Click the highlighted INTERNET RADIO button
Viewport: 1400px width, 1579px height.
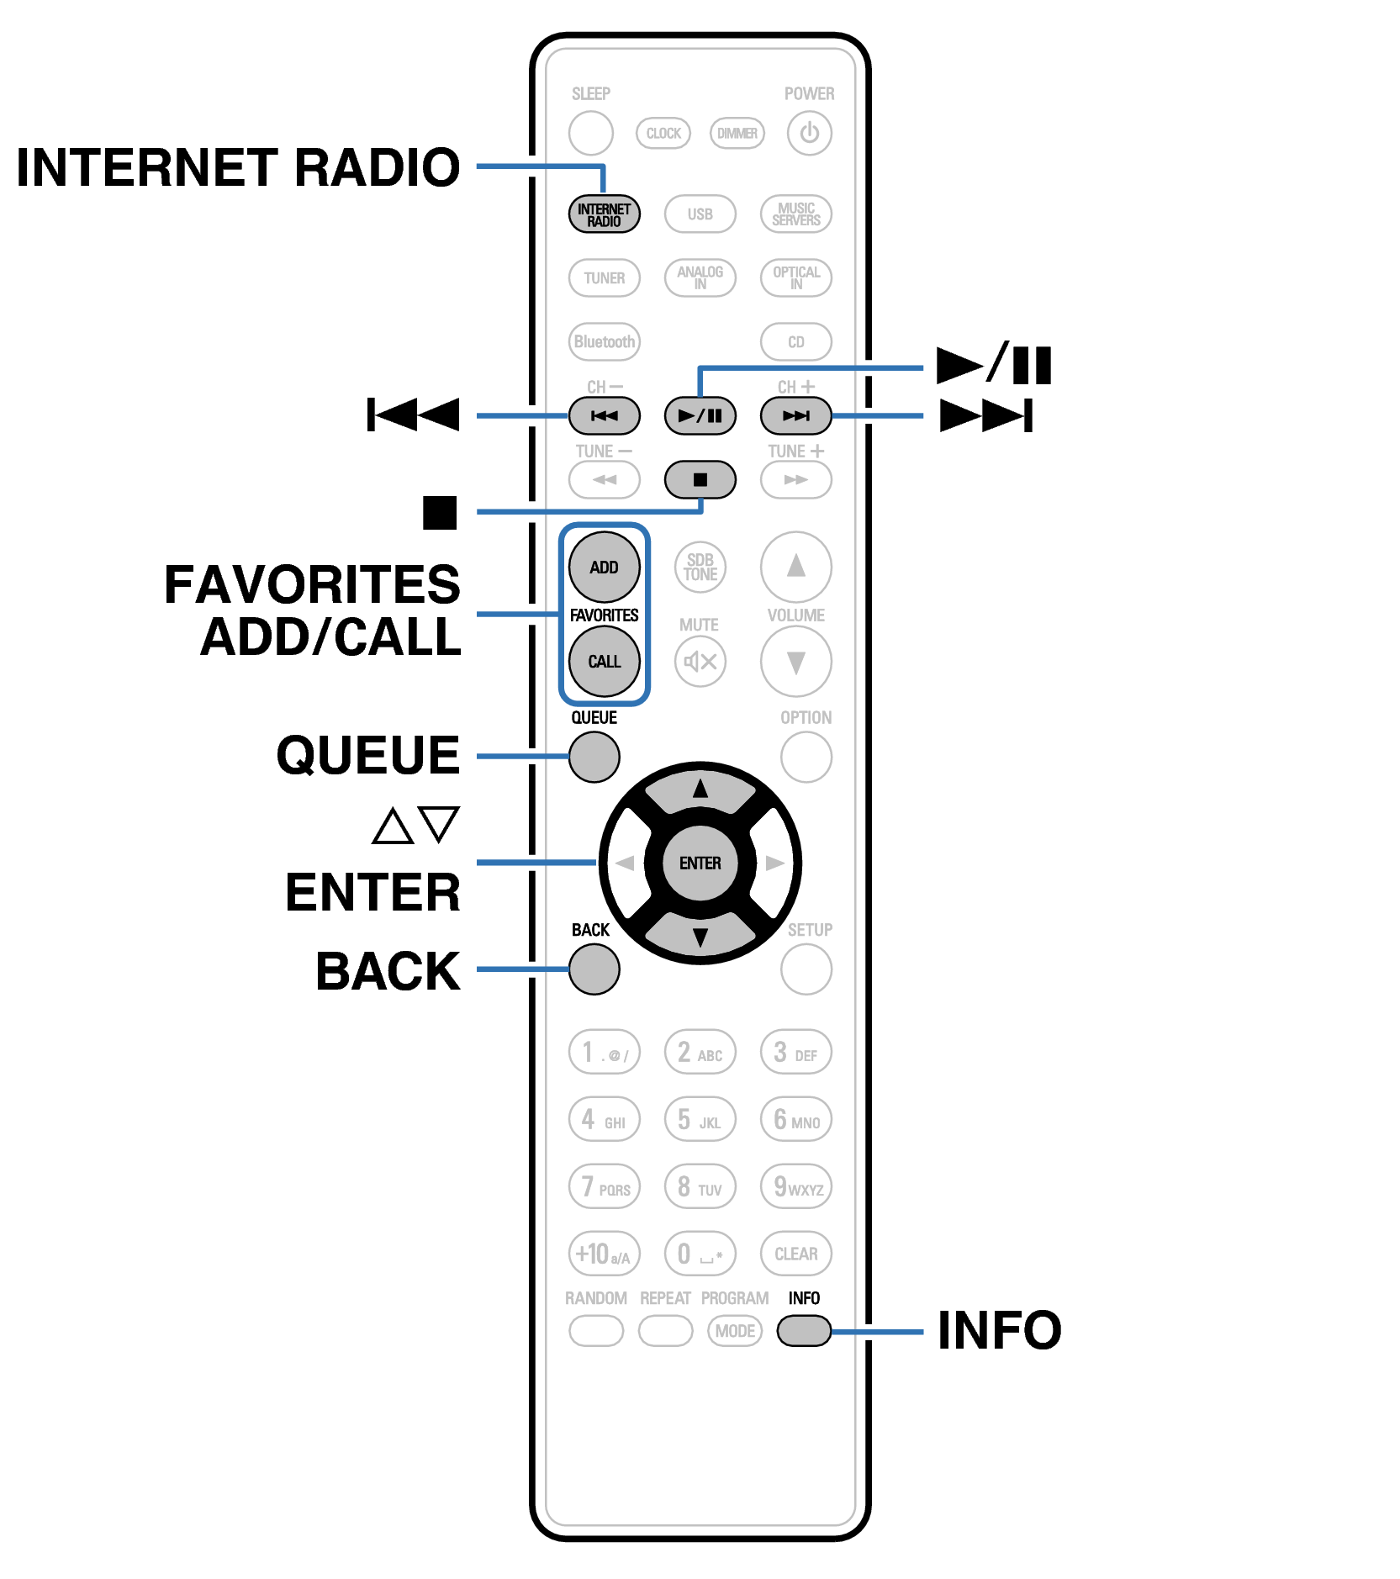click(x=604, y=214)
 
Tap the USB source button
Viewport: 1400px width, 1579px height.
click(x=700, y=214)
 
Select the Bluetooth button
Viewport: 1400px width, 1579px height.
click(x=604, y=342)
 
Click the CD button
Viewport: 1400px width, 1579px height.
click(x=795, y=342)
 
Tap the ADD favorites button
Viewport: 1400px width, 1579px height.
click(x=604, y=568)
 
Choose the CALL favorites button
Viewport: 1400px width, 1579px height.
click(x=604, y=662)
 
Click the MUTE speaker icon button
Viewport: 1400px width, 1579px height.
click(x=700, y=662)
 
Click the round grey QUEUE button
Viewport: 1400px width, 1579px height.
click(x=594, y=757)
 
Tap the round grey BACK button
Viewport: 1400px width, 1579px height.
click(x=594, y=969)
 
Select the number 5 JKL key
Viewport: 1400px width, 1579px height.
click(x=700, y=1120)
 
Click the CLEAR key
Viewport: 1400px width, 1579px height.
click(x=795, y=1254)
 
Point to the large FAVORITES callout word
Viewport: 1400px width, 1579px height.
click(x=312, y=584)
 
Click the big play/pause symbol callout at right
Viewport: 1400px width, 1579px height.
click(x=994, y=366)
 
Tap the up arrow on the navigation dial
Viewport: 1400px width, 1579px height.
click(x=700, y=790)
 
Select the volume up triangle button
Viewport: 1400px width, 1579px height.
click(x=795, y=567)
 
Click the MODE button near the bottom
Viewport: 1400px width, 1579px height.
click(x=735, y=1331)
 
